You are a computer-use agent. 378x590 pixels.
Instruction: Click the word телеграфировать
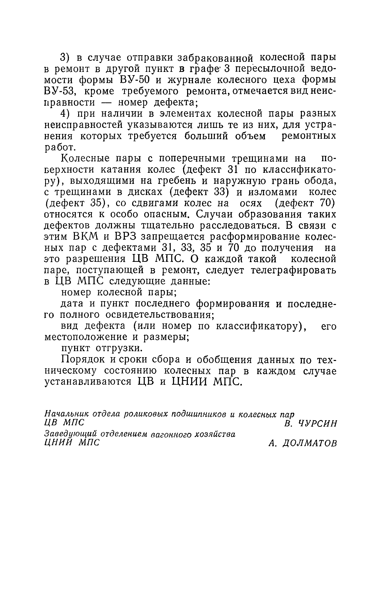click(x=294, y=270)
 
